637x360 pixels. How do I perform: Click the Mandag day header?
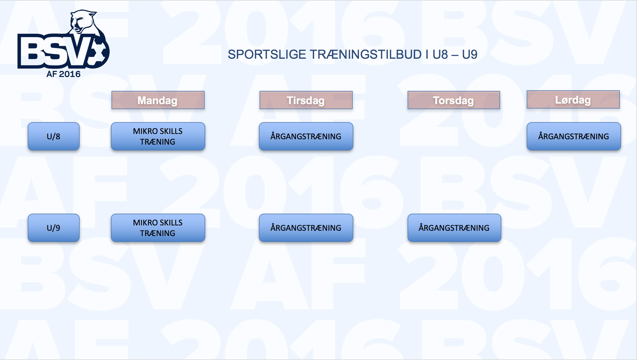pyautogui.click(x=158, y=100)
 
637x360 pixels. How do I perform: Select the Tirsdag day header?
pyautogui.click(x=306, y=100)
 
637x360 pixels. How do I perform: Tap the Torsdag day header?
pyautogui.click(x=454, y=100)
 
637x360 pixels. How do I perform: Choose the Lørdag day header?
pyautogui.click(x=573, y=99)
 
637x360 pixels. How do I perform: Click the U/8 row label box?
pyautogui.click(x=54, y=136)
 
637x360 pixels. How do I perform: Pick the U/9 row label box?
pyautogui.click(x=54, y=228)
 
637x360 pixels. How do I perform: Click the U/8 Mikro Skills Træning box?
pyautogui.click(x=158, y=136)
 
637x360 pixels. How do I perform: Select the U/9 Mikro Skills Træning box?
pyautogui.click(x=158, y=228)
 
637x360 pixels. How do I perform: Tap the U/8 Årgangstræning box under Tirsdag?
pyautogui.click(x=306, y=136)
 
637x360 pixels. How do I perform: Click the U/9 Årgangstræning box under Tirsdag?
pyautogui.click(x=306, y=228)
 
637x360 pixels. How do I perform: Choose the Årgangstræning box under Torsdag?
pyautogui.click(x=454, y=228)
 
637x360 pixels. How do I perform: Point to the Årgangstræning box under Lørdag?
pyautogui.click(x=574, y=136)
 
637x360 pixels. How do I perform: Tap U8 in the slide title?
pyautogui.click(x=440, y=55)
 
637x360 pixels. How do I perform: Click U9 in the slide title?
pyautogui.click(x=470, y=55)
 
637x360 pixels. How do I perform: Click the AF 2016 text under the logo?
pyautogui.click(x=63, y=74)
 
